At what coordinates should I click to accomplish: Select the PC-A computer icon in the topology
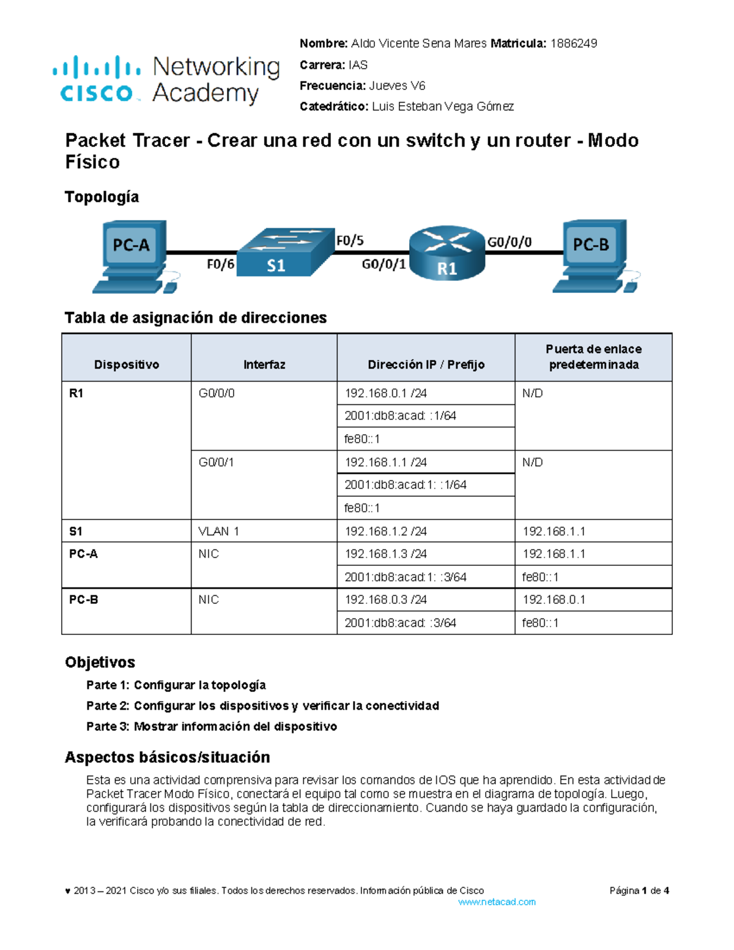tap(132, 256)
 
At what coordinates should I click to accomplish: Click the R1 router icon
tap(447, 253)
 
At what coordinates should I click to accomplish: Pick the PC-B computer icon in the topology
tap(593, 256)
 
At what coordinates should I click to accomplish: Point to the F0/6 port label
tap(220, 264)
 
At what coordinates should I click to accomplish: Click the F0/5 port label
tap(350, 241)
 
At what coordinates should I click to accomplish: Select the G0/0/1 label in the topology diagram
tap(384, 264)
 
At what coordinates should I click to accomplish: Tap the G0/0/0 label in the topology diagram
tap(509, 242)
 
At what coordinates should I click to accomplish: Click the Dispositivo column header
tap(127, 365)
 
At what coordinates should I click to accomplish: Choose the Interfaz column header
tap(264, 365)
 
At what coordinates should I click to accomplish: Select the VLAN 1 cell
tap(218, 531)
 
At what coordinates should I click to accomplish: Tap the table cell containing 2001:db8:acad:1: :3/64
tap(406, 577)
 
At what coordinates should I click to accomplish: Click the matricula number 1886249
tap(574, 43)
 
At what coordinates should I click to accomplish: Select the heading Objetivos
tap(100, 662)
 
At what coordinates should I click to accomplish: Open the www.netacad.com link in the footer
tap(497, 902)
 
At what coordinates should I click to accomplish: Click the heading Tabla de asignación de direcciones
tap(196, 317)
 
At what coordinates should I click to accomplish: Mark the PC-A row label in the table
tap(83, 554)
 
